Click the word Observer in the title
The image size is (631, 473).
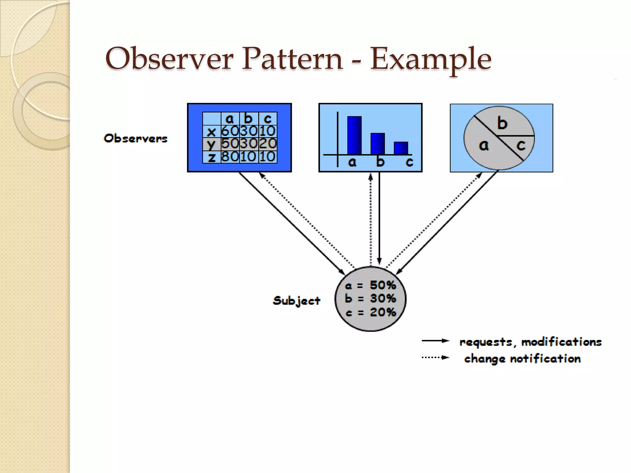(169, 59)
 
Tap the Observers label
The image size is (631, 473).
(136, 138)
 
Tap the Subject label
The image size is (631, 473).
(296, 301)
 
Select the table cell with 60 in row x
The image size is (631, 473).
(230, 131)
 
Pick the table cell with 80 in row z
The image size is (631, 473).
(230, 157)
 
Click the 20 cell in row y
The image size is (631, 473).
(267, 144)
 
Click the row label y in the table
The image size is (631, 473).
(211, 144)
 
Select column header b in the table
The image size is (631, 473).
(249, 119)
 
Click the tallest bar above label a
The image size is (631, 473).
(354, 135)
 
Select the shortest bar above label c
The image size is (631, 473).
(401, 148)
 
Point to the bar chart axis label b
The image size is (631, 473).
(381, 162)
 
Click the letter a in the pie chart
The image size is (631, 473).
(484, 145)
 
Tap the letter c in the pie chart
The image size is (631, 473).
(521, 145)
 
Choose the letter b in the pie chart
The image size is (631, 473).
(502, 123)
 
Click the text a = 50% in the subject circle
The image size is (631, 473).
(370, 285)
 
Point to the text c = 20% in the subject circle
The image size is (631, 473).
(370, 312)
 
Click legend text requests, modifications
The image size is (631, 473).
(530, 342)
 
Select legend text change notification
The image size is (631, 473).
(522, 358)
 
